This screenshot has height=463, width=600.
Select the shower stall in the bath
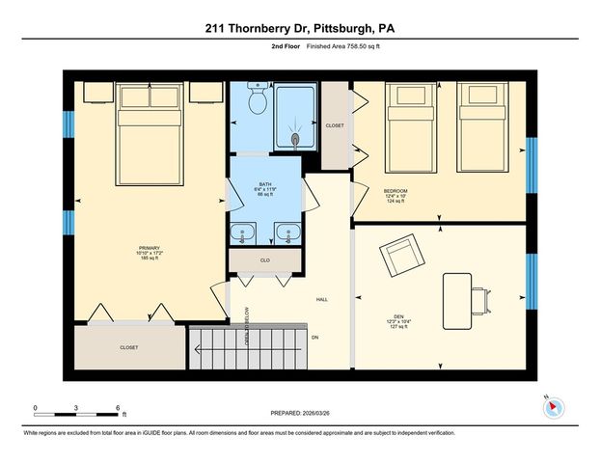pyautogui.click(x=295, y=117)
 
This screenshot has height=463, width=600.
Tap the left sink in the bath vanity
pyautogui.click(x=244, y=231)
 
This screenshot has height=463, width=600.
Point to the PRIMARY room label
pyautogui.click(x=149, y=249)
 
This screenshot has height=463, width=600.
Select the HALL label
pyautogui.click(x=322, y=299)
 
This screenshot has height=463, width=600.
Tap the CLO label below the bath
pyautogui.click(x=265, y=260)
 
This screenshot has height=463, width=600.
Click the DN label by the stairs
pyautogui.click(x=314, y=338)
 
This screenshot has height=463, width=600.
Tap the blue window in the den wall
pyautogui.click(x=530, y=278)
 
